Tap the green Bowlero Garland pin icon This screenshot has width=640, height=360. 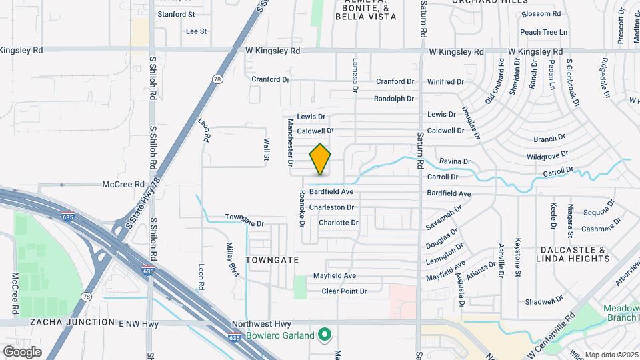click(325, 335)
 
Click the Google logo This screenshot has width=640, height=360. click(22, 351)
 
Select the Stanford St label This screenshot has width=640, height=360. click(176, 13)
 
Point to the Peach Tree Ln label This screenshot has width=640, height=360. click(543, 31)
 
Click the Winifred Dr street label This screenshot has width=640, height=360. click(445, 82)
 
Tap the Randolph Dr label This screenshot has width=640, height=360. click(394, 99)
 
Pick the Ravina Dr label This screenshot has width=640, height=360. click(455, 161)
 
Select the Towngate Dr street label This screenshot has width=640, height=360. click(245, 219)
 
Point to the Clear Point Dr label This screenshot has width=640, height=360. click(344, 291)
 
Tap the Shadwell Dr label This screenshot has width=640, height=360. click(540, 301)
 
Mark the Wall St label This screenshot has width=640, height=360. click(265, 151)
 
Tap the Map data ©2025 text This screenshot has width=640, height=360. click(610, 355)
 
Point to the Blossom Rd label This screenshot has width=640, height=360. click(541, 14)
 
